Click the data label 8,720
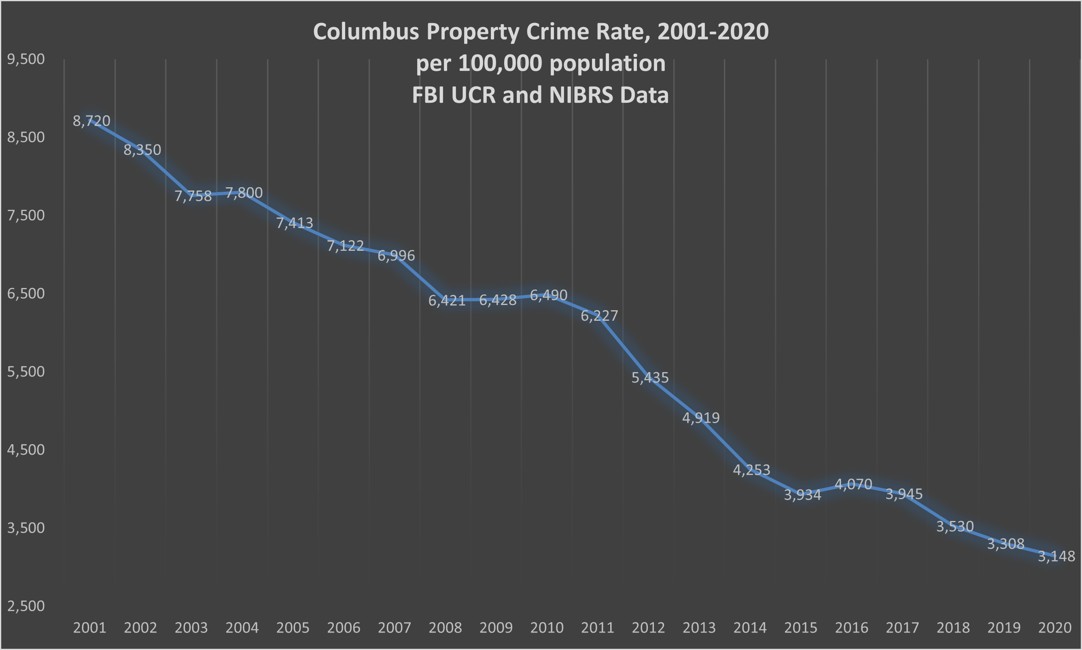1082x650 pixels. point(91,121)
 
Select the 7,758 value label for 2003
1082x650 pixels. point(193,196)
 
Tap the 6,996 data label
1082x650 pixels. point(396,255)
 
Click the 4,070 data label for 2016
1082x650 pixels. point(853,484)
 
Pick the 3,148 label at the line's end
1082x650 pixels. point(1056,556)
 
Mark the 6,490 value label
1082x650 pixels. point(548,295)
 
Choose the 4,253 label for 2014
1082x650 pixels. point(751,470)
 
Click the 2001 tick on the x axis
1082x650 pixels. point(89,628)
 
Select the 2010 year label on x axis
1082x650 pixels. point(547,628)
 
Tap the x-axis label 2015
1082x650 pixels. point(800,628)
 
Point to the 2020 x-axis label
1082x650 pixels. point(1055,628)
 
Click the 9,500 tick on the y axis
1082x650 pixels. point(26,59)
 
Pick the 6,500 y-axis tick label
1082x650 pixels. point(26,294)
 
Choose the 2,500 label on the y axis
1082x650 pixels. point(26,606)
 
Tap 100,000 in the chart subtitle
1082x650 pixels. point(500,63)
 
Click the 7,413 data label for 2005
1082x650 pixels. point(295,223)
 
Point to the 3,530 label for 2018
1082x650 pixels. point(955,526)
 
